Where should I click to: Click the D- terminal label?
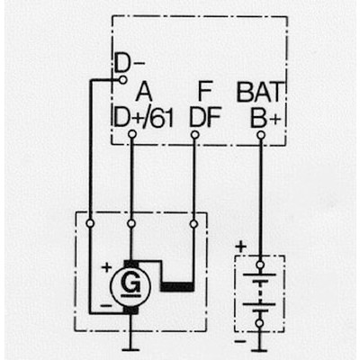coord(130,64)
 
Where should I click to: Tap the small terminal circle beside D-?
coord(123,80)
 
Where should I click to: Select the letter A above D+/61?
coord(144,92)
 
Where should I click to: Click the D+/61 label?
coord(144,117)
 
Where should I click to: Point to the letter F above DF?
coord(205,92)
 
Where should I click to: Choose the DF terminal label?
coord(205,117)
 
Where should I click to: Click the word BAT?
coord(260,92)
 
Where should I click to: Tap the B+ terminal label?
coord(265,117)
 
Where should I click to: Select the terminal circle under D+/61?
coord(132,134)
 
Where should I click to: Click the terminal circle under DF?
coord(194,135)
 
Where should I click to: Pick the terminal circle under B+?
coord(261,135)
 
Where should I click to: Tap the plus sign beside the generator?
coord(106,266)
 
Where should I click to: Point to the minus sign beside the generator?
coord(106,306)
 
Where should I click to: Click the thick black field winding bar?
coord(177,287)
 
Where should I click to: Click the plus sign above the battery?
coord(241,247)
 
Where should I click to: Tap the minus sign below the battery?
coord(239,341)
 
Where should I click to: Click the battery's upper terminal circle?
coord(260,265)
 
